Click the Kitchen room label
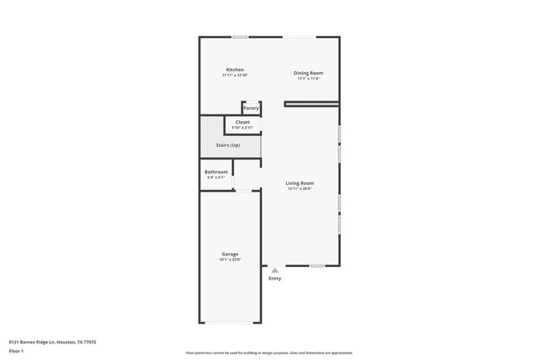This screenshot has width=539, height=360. click(235, 69)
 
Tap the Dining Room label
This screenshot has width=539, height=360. click(308, 73)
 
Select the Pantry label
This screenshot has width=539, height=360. click(250, 108)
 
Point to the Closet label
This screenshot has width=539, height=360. click(242, 122)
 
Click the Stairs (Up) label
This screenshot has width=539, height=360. click(230, 145)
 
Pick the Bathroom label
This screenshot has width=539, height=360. click(216, 172)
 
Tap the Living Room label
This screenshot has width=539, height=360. click(299, 182)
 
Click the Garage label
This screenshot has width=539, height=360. click(230, 254)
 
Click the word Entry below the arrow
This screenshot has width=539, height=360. click(274, 279)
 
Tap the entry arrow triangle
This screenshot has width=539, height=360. click(274, 270)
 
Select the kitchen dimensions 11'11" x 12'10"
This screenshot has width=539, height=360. click(235, 75)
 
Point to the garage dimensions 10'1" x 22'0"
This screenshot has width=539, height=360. click(230, 260)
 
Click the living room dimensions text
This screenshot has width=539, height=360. click(299, 189)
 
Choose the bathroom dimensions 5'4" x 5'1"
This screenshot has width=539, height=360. click(216, 178)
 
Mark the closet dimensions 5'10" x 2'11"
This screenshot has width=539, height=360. click(242, 128)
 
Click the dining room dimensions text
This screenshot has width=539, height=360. click(308, 79)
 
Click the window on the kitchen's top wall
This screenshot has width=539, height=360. click(240, 36)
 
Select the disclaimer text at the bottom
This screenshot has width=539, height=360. click(269, 353)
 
